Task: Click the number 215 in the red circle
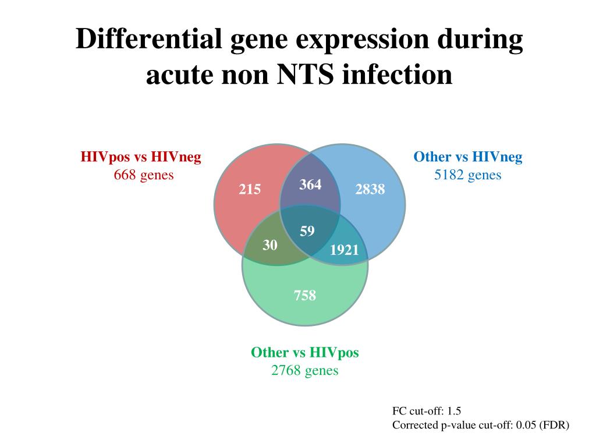coord(249,189)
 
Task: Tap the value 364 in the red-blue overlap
coord(310,185)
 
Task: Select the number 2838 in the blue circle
coord(370,189)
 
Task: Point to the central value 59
coord(307,232)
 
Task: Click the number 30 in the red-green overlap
coord(269,245)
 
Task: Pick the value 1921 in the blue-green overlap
coord(345,250)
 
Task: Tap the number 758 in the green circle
coord(305,296)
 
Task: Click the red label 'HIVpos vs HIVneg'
coord(141,157)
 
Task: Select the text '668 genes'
coord(144,175)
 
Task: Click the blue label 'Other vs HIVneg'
coord(467,157)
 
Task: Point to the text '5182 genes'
coord(467,175)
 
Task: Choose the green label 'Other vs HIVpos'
coord(305,353)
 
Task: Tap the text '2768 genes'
coord(305,370)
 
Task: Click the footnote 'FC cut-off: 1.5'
coord(427,411)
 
